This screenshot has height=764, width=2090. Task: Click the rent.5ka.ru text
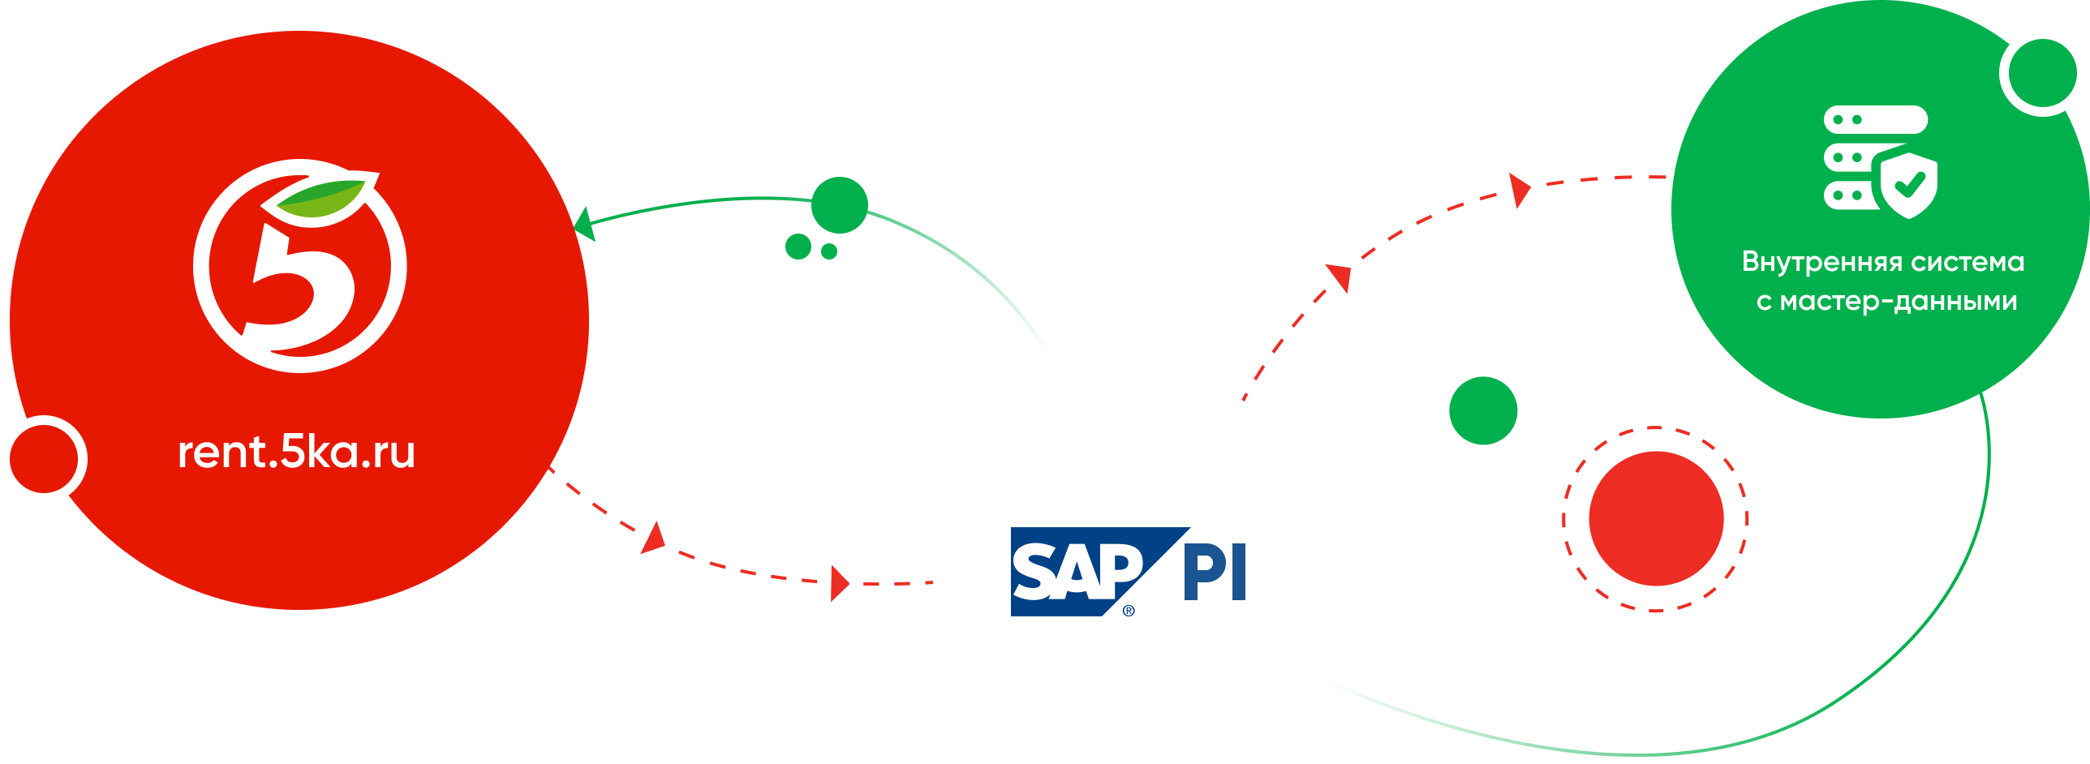click(296, 453)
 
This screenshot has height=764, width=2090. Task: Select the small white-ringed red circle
click(44, 458)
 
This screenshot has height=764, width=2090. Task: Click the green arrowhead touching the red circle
click(584, 224)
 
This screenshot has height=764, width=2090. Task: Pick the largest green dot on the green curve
click(840, 205)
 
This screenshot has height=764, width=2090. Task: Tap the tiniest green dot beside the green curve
click(828, 251)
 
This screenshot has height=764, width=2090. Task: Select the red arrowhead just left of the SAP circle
click(839, 583)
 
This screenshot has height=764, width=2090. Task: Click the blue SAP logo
click(1079, 571)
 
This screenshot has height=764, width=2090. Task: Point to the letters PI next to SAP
click(1215, 573)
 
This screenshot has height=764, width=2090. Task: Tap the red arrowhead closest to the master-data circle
click(1519, 191)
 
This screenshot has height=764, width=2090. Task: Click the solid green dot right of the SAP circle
click(1483, 410)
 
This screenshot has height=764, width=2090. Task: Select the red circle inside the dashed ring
click(1656, 518)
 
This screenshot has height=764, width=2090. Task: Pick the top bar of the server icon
click(1875, 119)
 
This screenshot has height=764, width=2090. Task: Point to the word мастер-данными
click(1898, 302)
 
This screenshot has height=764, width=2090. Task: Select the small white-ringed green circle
click(2042, 73)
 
